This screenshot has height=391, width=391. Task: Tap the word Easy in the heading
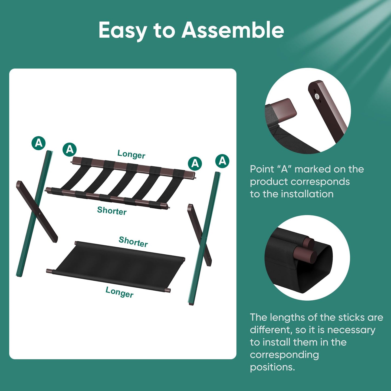[x=123, y=30]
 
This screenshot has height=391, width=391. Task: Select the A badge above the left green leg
[x=38, y=143]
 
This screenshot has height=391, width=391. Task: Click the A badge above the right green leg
[x=222, y=161]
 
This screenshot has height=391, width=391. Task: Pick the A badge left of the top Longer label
[x=70, y=149]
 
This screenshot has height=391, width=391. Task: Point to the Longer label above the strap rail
[x=131, y=154]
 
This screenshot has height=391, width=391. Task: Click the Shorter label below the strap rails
[x=112, y=211]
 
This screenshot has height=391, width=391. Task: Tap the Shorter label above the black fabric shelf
[x=133, y=241]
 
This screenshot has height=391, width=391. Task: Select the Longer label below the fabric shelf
[x=119, y=292]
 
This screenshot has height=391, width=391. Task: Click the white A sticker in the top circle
[x=317, y=96]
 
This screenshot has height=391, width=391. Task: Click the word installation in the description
[x=307, y=194]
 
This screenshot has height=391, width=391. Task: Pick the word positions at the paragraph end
[x=272, y=367]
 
